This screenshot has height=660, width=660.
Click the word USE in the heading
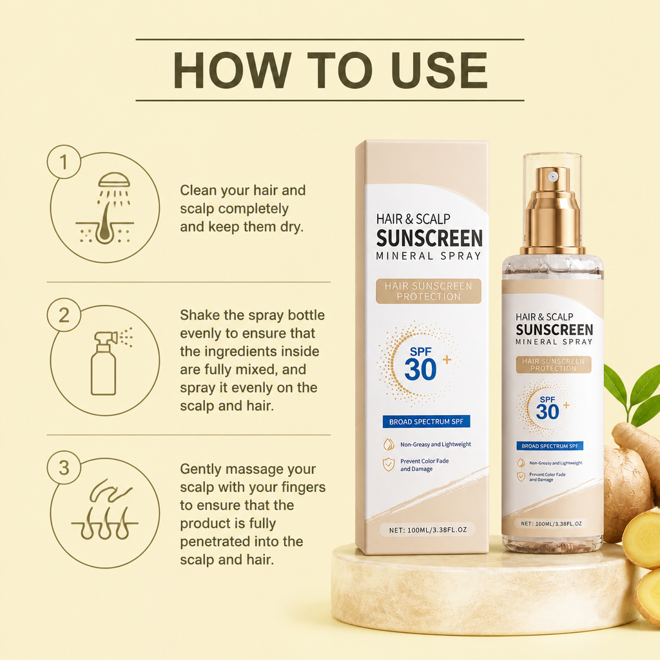pos(439,70)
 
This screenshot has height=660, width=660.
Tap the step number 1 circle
pos(64,162)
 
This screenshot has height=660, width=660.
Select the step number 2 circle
pos(64,315)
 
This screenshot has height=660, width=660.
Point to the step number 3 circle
pos(64,468)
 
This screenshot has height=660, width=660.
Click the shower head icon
pos(113,180)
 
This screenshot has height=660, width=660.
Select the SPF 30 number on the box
pos(420,370)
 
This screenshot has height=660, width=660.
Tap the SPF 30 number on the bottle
pos(547,411)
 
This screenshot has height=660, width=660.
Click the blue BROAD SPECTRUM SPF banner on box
pos(426,422)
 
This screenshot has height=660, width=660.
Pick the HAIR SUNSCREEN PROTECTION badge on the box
pos(429,291)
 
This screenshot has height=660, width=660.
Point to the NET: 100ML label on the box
pos(428,530)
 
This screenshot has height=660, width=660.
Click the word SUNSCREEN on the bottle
pos(554,329)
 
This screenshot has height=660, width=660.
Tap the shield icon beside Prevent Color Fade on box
pos(389,464)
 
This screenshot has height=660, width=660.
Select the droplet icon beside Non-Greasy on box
pos(389,444)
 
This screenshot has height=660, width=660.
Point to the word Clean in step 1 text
pos(198,190)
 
